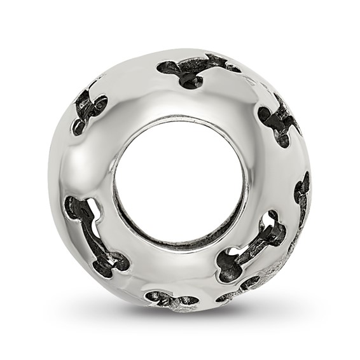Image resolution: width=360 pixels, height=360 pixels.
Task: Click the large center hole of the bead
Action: [179, 181]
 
